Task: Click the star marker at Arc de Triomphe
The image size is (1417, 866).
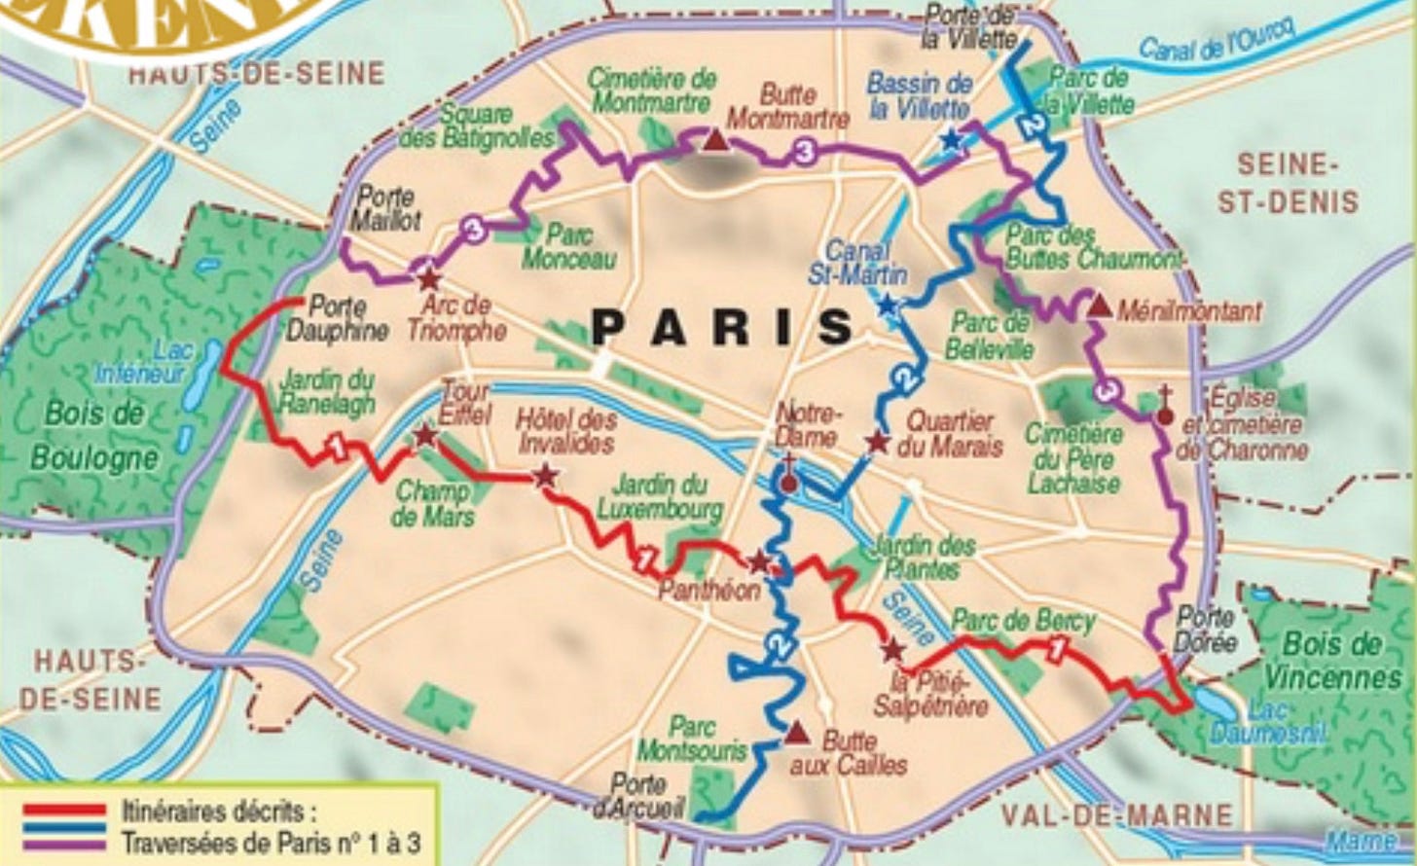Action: click(x=427, y=278)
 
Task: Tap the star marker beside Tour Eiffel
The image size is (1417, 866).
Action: click(x=425, y=435)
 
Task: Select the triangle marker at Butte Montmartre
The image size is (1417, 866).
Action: click(x=715, y=141)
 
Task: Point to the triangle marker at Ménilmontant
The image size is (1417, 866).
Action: click(x=1099, y=307)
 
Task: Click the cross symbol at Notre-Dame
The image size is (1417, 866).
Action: click(x=788, y=478)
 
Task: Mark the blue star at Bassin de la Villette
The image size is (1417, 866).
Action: click(x=951, y=140)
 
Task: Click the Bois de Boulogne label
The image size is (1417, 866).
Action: click(x=93, y=435)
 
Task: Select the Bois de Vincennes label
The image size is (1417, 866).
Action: click(x=1332, y=660)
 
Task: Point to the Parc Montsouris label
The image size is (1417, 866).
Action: click(x=692, y=739)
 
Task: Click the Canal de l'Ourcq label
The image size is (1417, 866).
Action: click(x=1216, y=40)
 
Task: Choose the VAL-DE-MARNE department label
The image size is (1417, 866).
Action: click(x=1117, y=815)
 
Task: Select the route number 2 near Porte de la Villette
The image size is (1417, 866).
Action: click(x=1032, y=125)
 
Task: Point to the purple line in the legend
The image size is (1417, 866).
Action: click(x=65, y=844)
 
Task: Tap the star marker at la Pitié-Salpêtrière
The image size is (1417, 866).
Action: click(x=892, y=650)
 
